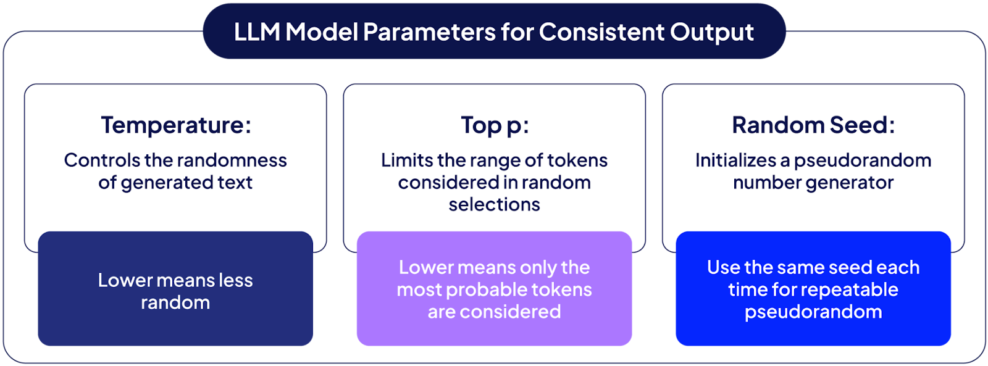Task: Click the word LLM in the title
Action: [x=257, y=32]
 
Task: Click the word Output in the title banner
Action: [x=711, y=32]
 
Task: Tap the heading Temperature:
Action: [x=176, y=125]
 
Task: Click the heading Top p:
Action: [x=495, y=125]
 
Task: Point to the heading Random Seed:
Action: [x=813, y=125]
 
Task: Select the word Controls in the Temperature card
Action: [x=102, y=160]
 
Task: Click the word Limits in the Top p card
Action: [x=406, y=160]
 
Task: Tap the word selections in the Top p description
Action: [x=494, y=205]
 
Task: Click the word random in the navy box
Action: [x=175, y=303]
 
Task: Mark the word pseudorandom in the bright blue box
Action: [x=813, y=312]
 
